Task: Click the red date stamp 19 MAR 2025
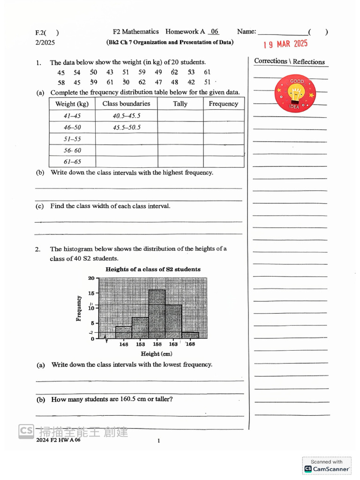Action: click(285, 45)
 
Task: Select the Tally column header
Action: click(180, 104)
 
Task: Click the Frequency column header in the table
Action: click(223, 104)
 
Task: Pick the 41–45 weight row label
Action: click(72, 116)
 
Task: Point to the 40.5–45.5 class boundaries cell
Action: click(127, 116)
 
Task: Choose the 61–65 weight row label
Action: click(72, 162)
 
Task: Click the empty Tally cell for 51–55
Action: click(180, 139)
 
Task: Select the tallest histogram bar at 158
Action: click(157, 314)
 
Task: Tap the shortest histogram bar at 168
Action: click(190, 335)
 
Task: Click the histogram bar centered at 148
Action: click(124, 332)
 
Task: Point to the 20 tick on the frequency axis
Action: click(91, 278)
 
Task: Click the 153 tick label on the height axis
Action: click(141, 345)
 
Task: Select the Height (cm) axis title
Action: click(157, 354)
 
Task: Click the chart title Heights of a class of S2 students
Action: click(153, 269)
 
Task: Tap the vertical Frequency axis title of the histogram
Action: click(79, 308)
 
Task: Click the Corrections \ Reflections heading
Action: click(289, 61)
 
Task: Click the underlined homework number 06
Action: click(214, 31)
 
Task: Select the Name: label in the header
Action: click(247, 31)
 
